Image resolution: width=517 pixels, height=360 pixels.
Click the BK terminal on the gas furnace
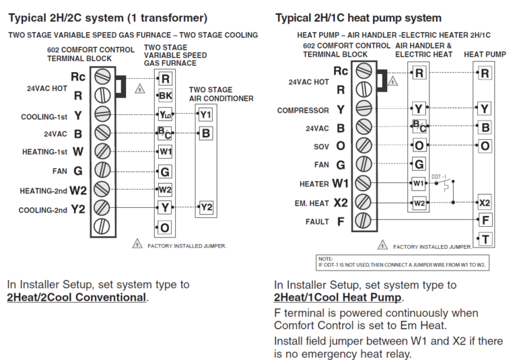(165, 96)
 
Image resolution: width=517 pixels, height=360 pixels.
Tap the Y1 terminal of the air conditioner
(205, 114)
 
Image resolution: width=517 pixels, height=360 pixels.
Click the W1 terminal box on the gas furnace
(165, 151)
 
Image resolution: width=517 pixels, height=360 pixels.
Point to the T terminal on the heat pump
(485, 239)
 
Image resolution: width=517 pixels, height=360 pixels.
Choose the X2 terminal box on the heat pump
(485, 202)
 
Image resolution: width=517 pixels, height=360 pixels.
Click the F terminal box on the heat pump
(485, 220)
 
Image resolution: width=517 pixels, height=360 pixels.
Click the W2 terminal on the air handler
(419, 202)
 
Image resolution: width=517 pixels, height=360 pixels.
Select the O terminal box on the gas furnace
(165, 228)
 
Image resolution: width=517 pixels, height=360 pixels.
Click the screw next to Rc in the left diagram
(102, 75)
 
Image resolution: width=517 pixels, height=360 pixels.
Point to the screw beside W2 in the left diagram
(102, 189)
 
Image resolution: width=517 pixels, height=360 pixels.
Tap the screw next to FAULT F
(363, 219)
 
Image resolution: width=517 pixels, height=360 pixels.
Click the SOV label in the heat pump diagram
(321, 145)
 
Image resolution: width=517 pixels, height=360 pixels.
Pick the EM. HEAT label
(310, 202)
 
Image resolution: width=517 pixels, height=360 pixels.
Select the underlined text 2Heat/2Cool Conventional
(76, 297)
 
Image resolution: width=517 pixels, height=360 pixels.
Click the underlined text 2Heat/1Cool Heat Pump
(338, 297)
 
